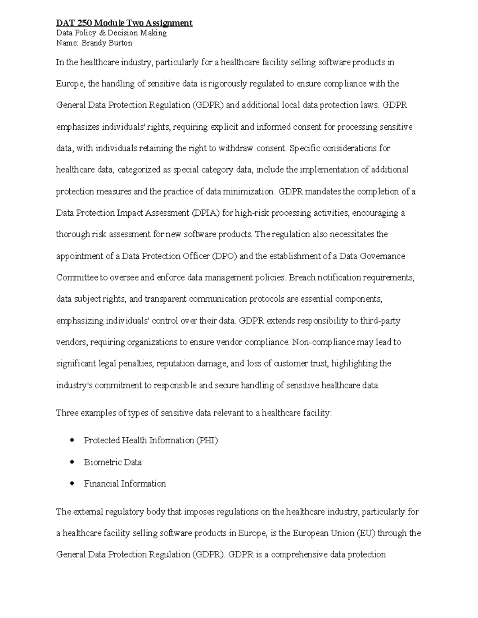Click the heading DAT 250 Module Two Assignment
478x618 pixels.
tap(124, 23)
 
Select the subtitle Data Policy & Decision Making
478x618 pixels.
tap(111, 33)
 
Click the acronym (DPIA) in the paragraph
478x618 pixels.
tap(206, 213)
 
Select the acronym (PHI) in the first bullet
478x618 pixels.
tap(207, 441)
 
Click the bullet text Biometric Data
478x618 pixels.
tap(113, 462)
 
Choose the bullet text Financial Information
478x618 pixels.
tap(125, 484)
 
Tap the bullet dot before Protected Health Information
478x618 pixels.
tap(72, 441)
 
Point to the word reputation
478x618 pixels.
tap(180, 364)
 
